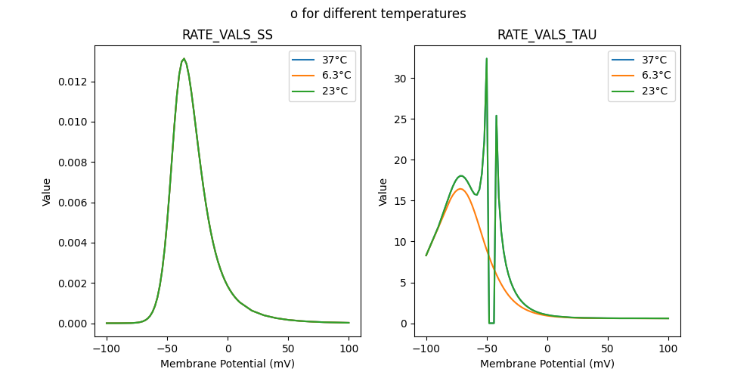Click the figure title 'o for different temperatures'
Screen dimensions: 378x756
pyautogui.click(x=378, y=14)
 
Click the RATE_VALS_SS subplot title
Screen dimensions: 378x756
pyautogui.click(x=228, y=35)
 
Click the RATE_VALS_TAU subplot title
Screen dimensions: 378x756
pyautogui.click(x=547, y=35)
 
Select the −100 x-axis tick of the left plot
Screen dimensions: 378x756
pyautogui.click(x=107, y=349)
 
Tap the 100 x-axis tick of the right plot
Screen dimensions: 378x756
pyautogui.click(x=668, y=349)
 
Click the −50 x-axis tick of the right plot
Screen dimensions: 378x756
pyautogui.click(x=487, y=349)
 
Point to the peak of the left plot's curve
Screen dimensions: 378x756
pyautogui.click(x=184, y=59)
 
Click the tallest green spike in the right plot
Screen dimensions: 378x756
pyautogui.click(x=486, y=59)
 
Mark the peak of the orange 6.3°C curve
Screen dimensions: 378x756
pyautogui.click(x=460, y=189)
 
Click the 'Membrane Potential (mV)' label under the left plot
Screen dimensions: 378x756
pyautogui.click(x=228, y=364)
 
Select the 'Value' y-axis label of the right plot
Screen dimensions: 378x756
pyautogui.click(x=383, y=192)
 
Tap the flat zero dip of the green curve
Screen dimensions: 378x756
pyautogui.click(x=491, y=323)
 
